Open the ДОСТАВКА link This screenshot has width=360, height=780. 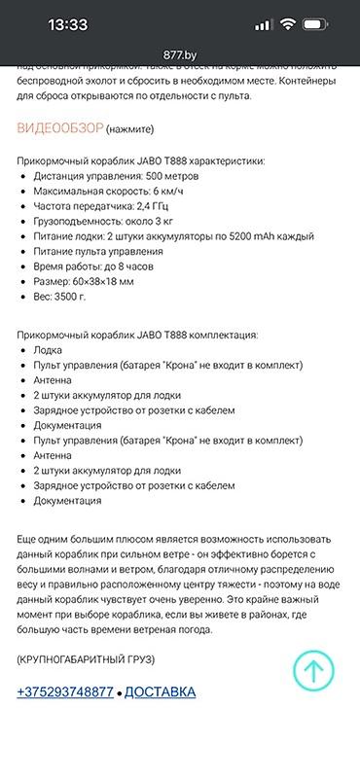[x=160, y=691]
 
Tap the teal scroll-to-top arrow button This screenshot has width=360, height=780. [x=314, y=668]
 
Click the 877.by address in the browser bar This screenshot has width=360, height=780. [x=180, y=55]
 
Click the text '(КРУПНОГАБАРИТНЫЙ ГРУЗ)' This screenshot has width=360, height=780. [x=86, y=659]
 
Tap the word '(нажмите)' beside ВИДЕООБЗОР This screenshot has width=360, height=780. [x=131, y=128]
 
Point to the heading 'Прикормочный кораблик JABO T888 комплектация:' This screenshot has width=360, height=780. [x=137, y=335]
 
